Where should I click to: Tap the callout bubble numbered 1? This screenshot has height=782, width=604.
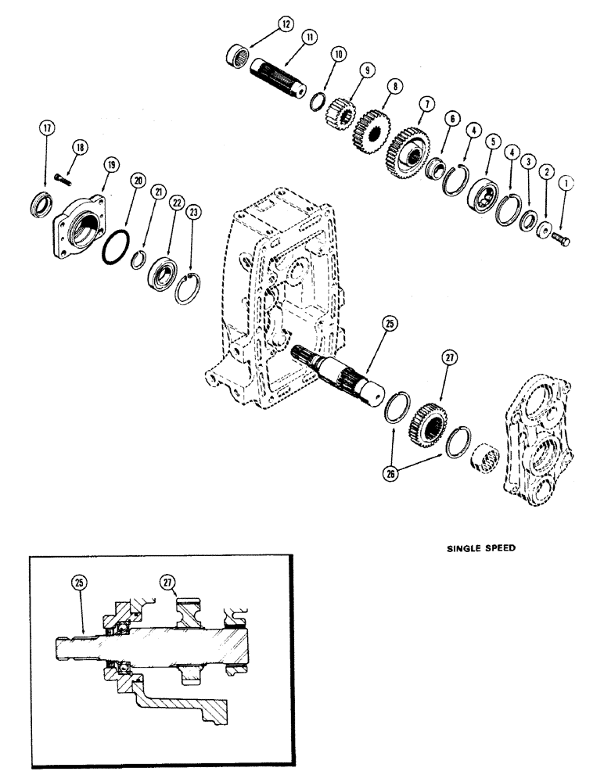[566, 181]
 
